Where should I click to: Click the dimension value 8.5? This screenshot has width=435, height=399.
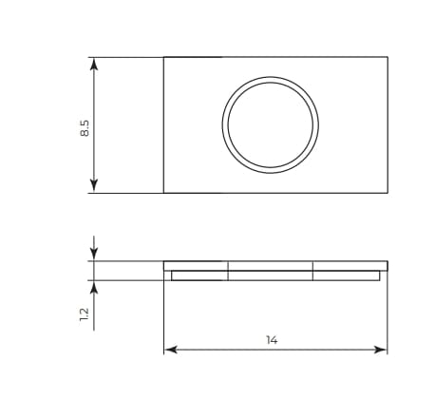(85, 126)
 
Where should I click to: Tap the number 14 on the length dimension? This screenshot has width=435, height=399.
(273, 339)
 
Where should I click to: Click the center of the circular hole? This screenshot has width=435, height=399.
(271, 125)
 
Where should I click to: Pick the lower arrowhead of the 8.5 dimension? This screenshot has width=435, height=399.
(93, 187)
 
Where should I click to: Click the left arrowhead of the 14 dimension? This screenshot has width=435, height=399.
(170, 350)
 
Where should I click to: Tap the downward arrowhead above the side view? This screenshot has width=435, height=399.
(93, 254)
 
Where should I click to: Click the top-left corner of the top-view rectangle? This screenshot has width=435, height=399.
(163, 58)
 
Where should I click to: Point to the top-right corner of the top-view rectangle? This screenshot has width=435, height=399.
(388, 58)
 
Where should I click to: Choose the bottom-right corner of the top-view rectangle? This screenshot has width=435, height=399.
(388, 193)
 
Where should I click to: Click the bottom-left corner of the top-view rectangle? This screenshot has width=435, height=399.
(163, 193)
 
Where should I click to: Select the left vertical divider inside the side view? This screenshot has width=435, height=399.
(228, 271)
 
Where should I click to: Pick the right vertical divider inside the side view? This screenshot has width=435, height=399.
(312, 271)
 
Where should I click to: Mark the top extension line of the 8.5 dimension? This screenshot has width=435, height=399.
(128, 58)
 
